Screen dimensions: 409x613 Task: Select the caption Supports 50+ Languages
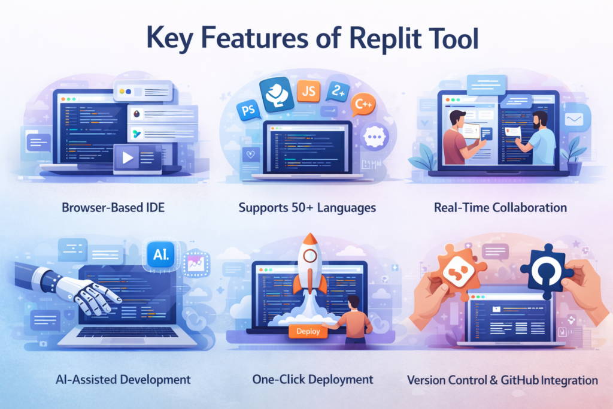[307, 208]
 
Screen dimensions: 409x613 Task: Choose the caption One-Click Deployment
[305, 380]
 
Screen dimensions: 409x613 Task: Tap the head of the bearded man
[539, 120]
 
